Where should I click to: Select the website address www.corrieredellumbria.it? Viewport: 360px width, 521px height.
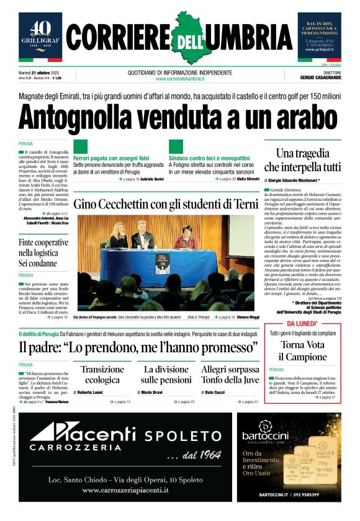pos(179,79)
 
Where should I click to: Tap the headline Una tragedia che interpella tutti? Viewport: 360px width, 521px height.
pos(302,160)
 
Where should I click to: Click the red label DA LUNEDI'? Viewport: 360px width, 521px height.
pos(303,324)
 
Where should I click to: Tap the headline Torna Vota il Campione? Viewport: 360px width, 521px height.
pos(302,351)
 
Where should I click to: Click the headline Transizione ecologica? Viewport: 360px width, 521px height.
pos(102,374)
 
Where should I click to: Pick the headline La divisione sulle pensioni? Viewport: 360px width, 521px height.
pos(166,374)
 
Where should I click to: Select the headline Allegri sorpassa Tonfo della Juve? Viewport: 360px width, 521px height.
pos(230,374)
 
